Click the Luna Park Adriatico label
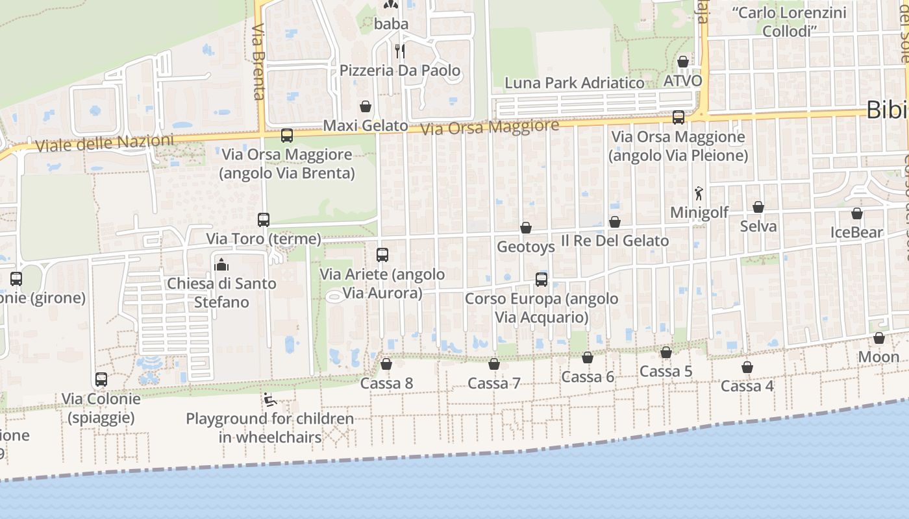coord(575,83)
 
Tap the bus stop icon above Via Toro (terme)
coord(263,219)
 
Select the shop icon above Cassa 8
coord(386,364)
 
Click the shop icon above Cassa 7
coord(494,364)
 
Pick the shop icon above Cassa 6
coord(588,357)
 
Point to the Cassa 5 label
coord(666,371)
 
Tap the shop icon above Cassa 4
coord(747,367)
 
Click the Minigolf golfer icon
coord(699,193)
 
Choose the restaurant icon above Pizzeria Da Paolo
coord(400,51)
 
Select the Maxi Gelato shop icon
coord(366,106)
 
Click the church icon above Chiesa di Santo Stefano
coord(221,264)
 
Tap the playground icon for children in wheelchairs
coord(269,399)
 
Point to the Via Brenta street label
coord(259,62)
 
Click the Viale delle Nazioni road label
coord(105,143)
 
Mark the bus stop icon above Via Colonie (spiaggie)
coord(101,380)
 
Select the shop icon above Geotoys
coord(526,228)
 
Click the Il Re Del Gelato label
coord(614,241)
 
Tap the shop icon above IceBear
coord(857,213)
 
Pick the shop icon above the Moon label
coord(878,338)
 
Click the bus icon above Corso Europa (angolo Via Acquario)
coord(541,280)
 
